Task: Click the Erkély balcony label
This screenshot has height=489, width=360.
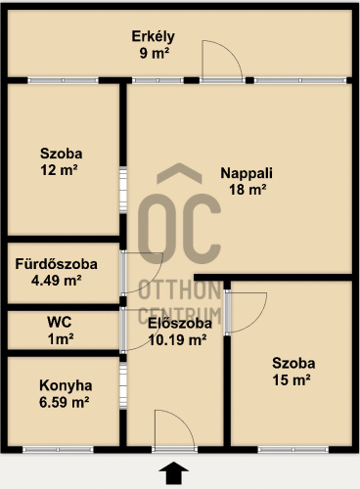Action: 153,36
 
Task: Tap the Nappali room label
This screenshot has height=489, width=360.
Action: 247,173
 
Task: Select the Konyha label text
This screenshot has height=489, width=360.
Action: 66,385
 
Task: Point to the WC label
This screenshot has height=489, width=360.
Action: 60,322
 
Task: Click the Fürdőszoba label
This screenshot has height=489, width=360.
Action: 57,264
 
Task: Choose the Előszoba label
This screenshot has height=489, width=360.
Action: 180,324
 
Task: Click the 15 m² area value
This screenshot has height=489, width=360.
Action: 292,379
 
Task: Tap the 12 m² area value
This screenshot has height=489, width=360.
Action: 59,170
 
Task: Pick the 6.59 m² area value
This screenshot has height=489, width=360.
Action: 65,402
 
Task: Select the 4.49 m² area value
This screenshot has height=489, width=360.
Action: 57,280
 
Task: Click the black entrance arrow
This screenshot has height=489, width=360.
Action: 173,472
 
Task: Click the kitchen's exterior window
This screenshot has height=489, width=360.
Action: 58,450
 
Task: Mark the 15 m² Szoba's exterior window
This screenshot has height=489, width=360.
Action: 293,450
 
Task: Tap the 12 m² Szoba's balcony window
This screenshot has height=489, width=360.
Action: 63,80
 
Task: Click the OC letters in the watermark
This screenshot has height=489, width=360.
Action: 179,228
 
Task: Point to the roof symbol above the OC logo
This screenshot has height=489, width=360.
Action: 179,173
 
